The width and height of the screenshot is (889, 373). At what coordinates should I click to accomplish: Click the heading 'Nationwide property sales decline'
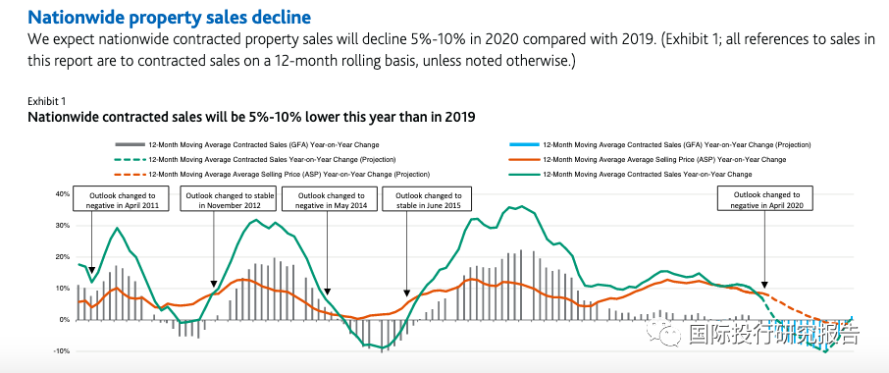pos(169,17)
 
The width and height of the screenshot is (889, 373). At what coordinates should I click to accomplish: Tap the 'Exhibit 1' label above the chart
pos(47,102)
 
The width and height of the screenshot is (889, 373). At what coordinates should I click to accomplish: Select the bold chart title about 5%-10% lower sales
pos(251,118)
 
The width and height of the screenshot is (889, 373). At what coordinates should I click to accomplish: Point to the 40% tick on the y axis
pos(63,194)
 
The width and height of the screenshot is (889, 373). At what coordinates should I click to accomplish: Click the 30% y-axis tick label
pos(63,226)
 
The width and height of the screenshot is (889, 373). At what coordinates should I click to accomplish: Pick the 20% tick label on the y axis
pos(63,257)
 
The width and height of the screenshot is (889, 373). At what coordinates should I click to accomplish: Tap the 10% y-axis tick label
pos(63,289)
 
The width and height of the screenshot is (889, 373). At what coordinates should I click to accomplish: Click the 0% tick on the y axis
pos(64,320)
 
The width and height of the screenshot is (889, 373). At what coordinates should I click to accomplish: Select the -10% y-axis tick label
pos(61,351)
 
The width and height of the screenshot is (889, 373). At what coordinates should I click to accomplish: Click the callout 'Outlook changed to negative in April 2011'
pos(123,200)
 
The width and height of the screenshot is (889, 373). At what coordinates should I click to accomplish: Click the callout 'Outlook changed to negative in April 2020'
pos(764,199)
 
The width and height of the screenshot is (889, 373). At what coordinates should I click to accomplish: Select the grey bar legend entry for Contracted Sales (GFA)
pos(247,145)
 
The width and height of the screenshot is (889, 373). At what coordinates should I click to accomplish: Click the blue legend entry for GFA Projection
pos(660,145)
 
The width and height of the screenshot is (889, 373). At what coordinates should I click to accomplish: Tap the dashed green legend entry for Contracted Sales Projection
pos(255,159)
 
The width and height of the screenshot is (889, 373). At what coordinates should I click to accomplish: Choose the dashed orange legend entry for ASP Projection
pos(272,174)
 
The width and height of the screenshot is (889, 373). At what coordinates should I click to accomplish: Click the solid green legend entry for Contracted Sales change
pos(630,174)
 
